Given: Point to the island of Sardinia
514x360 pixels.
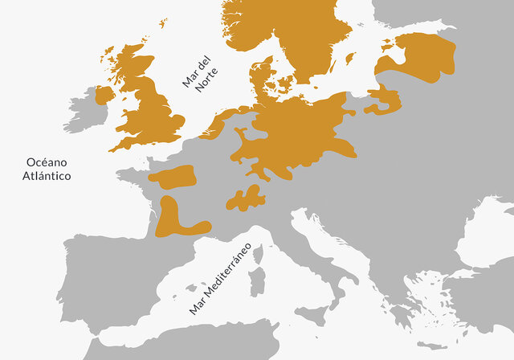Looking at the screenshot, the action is click(x=257, y=282).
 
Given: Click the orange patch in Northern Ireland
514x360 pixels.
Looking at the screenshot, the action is click(x=104, y=95).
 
